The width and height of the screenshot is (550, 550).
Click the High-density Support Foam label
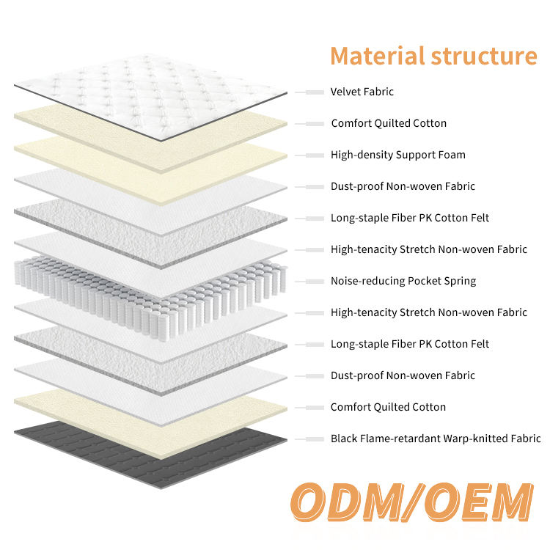tap(398, 155)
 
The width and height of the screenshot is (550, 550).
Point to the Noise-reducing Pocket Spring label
tap(403, 281)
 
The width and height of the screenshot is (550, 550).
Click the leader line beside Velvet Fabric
tap(309, 92)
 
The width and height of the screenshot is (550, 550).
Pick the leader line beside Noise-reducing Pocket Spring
tap(309, 282)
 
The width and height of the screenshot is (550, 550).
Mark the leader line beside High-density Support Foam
tap(309, 155)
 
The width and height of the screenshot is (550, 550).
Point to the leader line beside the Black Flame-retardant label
tap(309, 439)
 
